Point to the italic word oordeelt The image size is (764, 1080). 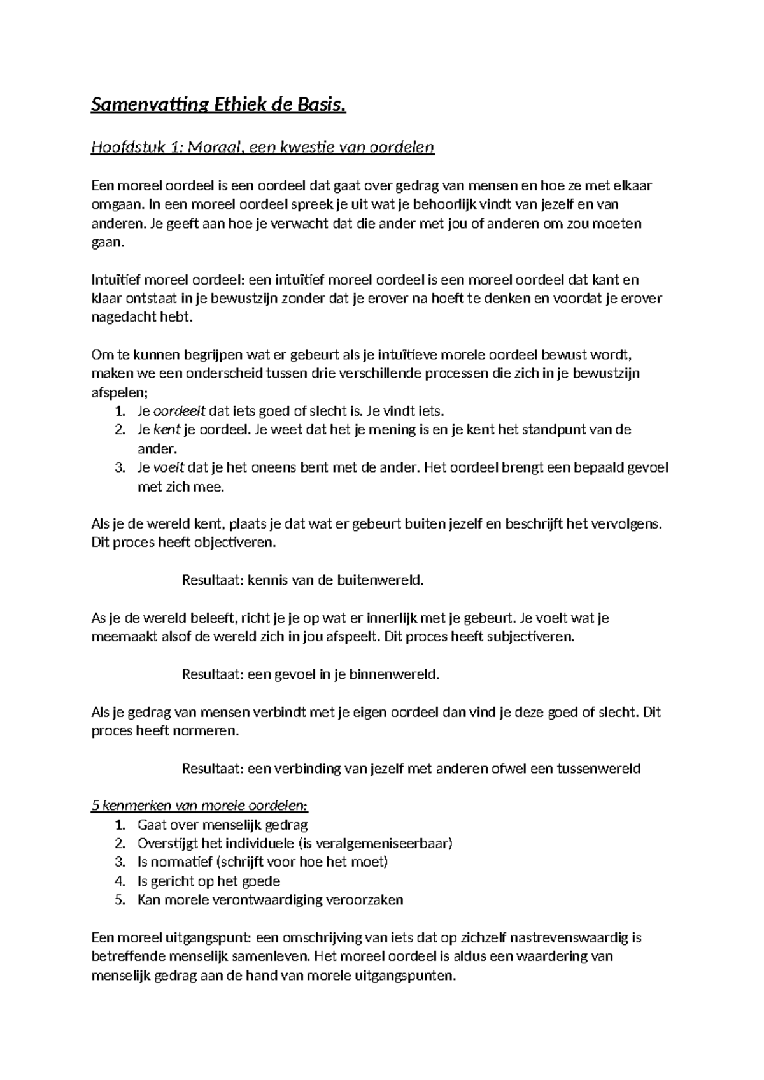[x=176, y=411]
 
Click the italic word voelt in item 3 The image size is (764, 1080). [x=169, y=467]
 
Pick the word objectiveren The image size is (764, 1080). [x=238, y=543]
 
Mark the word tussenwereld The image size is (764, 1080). [x=598, y=768]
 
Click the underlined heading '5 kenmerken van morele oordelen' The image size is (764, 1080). [x=200, y=806]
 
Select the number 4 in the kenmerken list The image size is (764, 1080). [x=120, y=881]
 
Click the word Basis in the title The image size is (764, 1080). [x=323, y=104]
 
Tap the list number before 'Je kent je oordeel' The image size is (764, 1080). [x=120, y=430]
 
